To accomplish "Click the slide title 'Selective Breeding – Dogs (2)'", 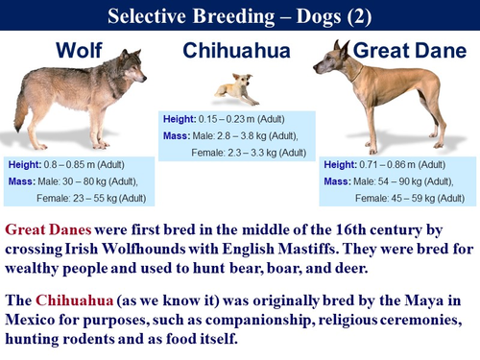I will [239, 14].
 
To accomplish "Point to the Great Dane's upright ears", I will [343, 52].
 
